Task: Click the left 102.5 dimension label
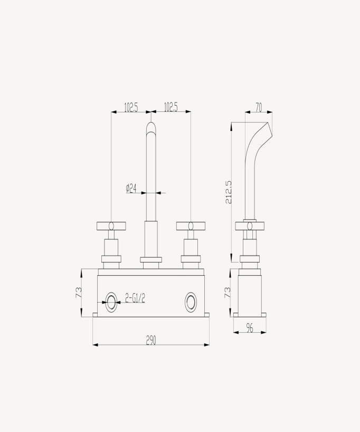(x=131, y=107)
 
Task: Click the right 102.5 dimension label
(x=170, y=107)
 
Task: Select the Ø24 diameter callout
(x=131, y=187)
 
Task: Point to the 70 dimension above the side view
(x=259, y=107)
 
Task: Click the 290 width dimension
(x=151, y=341)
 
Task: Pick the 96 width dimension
(x=250, y=328)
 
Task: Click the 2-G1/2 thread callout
(x=135, y=298)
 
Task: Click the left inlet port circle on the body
(x=111, y=302)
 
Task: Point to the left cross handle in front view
(x=111, y=226)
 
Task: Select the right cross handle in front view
(x=191, y=226)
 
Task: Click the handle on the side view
(x=249, y=226)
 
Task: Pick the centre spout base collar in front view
(x=151, y=259)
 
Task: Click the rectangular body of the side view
(x=249, y=293)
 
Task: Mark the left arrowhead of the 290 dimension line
(x=94, y=345)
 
